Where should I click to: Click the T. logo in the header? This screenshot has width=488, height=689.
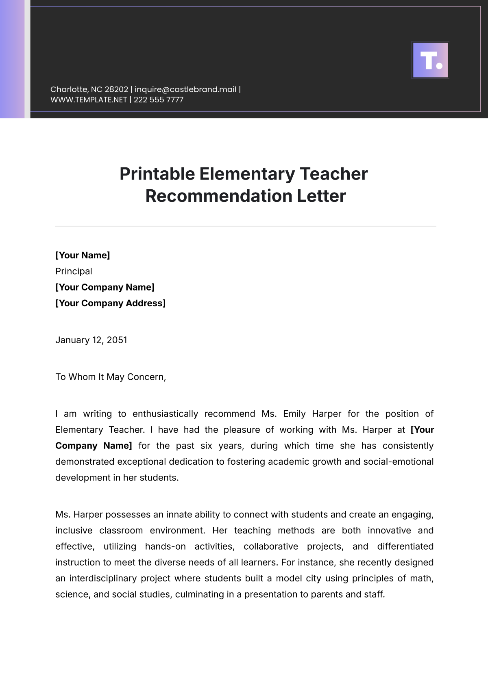[x=430, y=60]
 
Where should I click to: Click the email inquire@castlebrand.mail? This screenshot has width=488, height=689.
[x=185, y=89]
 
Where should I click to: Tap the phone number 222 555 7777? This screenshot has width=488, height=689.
[x=159, y=100]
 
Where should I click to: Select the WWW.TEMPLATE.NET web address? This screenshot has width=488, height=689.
[x=89, y=100]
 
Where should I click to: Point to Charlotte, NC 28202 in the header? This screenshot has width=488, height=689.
[x=89, y=89]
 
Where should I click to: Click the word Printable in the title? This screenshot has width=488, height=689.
[x=157, y=174]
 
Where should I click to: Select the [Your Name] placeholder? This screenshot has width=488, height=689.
[x=83, y=255]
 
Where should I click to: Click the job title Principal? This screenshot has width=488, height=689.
[x=74, y=271]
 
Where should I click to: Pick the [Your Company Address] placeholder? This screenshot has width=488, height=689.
[x=110, y=303]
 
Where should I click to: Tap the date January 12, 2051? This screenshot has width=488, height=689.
[x=91, y=340]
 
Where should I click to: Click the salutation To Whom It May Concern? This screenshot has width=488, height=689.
[x=111, y=377]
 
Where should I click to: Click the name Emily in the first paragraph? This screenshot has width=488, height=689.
[x=294, y=414]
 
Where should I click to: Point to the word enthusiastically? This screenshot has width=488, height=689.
[x=165, y=414]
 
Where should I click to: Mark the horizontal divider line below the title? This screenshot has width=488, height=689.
[x=246, y=226]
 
